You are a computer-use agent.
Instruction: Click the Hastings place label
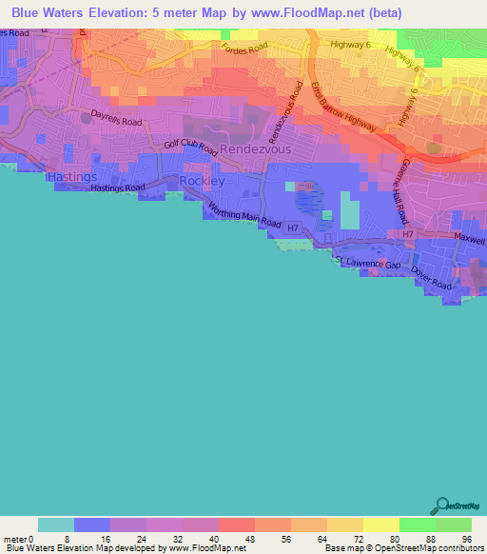tap(71, 177)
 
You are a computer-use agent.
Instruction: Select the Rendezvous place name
tap(257, 149)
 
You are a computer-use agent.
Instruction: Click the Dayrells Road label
tap(117, 121)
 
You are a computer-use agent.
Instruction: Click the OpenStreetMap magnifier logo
tap(440, 506)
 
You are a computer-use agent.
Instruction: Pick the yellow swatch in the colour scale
tap(380, 524)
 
